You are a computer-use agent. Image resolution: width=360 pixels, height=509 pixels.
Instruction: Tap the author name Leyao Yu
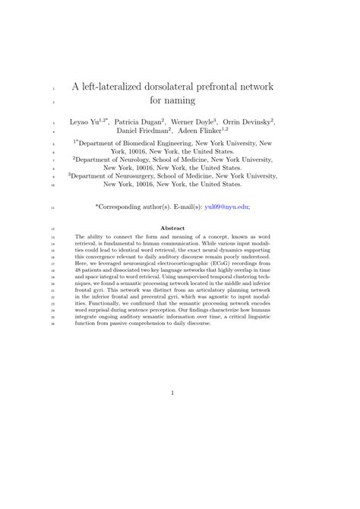point(85,122)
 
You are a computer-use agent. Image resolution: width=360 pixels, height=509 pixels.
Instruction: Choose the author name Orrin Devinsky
point(251,122)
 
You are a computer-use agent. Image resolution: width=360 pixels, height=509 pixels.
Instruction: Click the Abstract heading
point(174,229)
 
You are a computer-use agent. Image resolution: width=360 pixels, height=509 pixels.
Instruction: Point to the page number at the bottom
point(174,393)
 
